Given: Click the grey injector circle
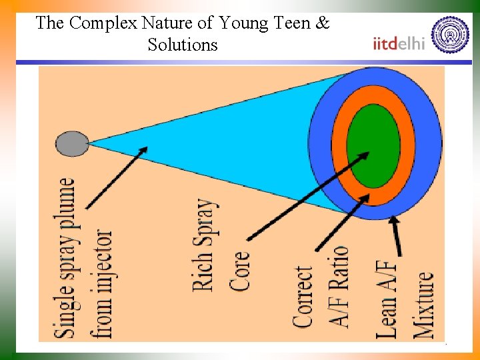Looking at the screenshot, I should click(72, 143).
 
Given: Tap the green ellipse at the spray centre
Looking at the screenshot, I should click(373, 146).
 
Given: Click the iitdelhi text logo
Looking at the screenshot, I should click(399, 43).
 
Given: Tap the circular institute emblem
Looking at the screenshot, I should click(451, 35).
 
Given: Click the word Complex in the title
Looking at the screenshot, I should click(101, 23).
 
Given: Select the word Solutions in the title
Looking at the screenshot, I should click(183, 45).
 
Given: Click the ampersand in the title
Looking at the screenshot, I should click(322, 23).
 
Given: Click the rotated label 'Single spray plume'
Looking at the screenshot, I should click(67, 257).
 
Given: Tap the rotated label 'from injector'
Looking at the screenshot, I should click(103, 283).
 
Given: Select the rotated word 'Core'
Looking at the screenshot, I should click(240, 269).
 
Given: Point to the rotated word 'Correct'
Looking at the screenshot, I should click(303, 297).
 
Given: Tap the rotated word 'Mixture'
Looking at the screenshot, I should click(424, 304).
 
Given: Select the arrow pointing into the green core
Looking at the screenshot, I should click(307, 196).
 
